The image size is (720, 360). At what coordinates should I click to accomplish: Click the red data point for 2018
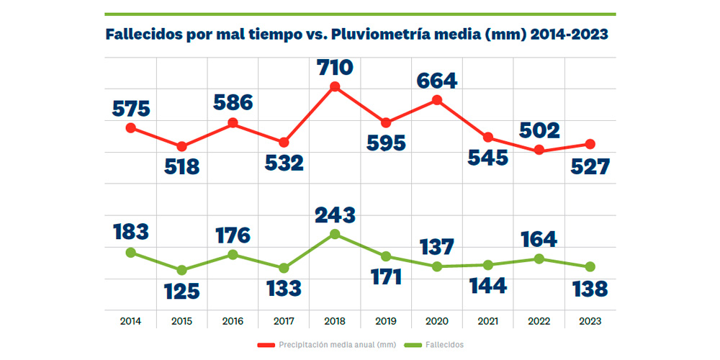[335, 87]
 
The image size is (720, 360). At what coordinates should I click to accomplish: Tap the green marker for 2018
[335, 234]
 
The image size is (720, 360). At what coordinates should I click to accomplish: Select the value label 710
[335, 68]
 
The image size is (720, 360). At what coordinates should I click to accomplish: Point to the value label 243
[335, 215]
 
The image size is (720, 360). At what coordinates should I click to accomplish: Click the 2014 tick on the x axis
[130, 321]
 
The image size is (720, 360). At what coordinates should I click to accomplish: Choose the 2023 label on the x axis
[590, 321]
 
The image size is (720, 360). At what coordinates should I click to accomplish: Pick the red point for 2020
[437, 100]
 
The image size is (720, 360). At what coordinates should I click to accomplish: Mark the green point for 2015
[181, 270]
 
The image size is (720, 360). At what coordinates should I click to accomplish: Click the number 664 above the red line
[437, 81]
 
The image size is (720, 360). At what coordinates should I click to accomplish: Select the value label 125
[181, 291]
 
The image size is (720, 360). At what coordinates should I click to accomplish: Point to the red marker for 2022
[539, 150]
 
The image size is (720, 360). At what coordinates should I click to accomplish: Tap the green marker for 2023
[590, 266]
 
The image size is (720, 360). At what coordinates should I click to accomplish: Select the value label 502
[539, 131]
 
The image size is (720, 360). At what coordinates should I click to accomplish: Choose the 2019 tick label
[386, 321]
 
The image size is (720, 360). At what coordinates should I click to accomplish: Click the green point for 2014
[130, 252]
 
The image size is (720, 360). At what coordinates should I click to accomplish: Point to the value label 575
[130, 109]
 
